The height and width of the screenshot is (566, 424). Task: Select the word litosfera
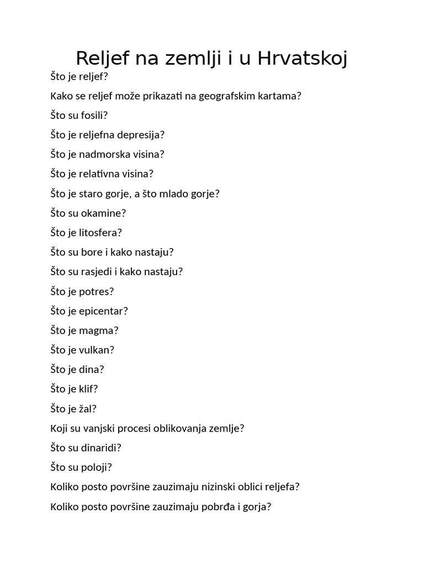(x=99, y=232)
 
